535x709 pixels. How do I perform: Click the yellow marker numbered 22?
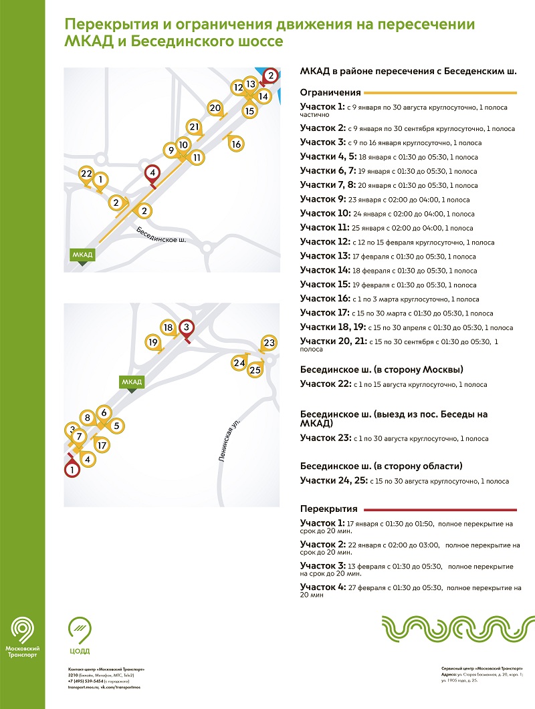(x=86, y=173)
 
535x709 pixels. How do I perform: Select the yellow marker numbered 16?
(x=236, y=144)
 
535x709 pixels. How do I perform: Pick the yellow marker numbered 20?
(x=215, y=108)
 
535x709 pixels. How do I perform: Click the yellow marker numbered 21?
(x=194, y=127)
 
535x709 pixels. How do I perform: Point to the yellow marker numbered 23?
(x=269, y=343)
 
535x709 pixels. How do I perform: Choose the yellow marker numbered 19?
(x=153, y=343)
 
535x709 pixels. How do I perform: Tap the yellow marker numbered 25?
(x=255, y=370)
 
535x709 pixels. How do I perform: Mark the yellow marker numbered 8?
(x=87, y=418)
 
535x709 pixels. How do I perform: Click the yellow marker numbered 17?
(x=102, y=444)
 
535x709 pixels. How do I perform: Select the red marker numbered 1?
(x=72, y=470)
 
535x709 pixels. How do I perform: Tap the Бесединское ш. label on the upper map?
(x=161, y=235)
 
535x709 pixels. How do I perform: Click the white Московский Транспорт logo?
(x=23, y=638)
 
